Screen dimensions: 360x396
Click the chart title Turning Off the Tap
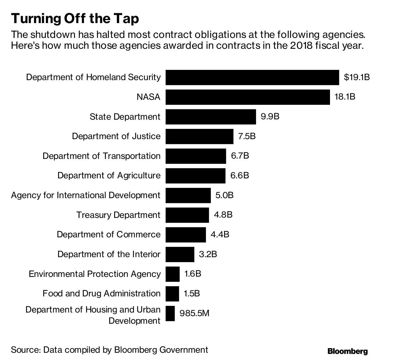point(75,19)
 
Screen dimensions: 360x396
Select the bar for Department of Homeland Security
point(252,77)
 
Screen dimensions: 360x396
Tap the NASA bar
point(247,97)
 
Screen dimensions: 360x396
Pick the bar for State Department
point(211,117)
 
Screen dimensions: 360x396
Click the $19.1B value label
point(357,77)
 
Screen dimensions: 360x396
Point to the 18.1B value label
point(345,97)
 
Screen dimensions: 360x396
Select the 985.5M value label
point(194,314)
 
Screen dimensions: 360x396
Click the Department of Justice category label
point(116,136)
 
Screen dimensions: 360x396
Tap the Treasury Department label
point(118,215)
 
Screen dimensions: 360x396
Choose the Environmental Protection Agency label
point(95,274)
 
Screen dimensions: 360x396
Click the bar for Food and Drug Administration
point(172,293)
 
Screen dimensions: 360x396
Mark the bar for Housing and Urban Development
point(170,314)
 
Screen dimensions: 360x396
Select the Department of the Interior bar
point(180,254)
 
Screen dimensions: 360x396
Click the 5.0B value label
point(224,195)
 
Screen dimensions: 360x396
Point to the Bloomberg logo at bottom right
point(347,351)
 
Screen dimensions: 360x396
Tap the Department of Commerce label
point(109,234)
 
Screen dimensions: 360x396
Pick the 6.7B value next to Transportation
point(240,156)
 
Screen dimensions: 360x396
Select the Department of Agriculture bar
point(195,176)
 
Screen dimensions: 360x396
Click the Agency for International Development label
point(86,195)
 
